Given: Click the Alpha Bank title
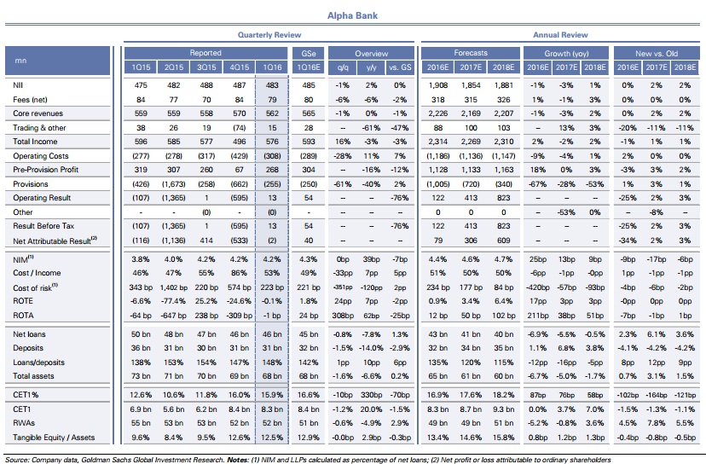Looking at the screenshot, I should [352, 14].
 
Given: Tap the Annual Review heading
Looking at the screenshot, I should [560, 35].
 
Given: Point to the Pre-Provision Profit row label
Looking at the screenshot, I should [40, 169].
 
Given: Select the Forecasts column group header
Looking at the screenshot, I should [471, 53].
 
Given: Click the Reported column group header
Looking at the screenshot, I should [205, 53].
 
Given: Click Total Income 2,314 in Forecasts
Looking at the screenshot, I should [438, 141].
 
